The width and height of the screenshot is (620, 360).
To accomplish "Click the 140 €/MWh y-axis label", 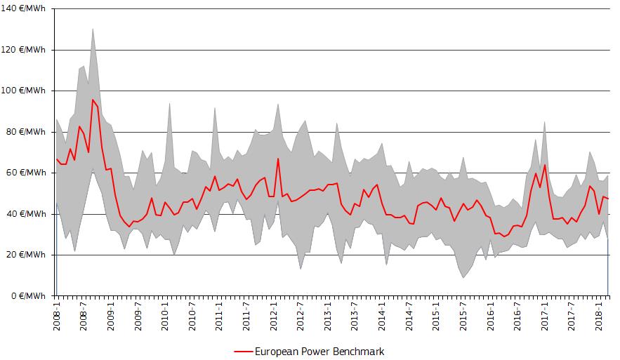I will tap(25, 9).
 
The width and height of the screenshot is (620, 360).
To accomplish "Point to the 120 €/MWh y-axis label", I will tap(25, 50).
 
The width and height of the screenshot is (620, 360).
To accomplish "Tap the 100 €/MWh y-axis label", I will tap(25, 91).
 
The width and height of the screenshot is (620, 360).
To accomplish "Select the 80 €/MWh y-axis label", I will tap(27, 132).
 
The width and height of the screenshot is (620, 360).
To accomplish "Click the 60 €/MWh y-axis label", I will tap(27, 173).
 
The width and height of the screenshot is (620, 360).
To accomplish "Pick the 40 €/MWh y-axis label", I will tap(27, 213).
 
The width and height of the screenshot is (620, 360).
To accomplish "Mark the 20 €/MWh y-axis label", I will tap(27, 255).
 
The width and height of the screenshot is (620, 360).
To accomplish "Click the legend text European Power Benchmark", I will tap(319, 351).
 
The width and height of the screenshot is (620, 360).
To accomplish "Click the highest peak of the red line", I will tap(93, 100).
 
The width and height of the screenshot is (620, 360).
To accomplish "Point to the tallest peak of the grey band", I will tap(93, 29).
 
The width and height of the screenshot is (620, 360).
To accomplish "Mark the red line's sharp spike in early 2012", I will tap(278, 159).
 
